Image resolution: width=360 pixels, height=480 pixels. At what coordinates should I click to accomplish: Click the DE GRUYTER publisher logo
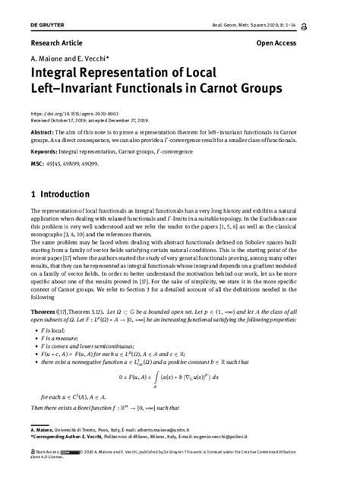click(x=46, y=26)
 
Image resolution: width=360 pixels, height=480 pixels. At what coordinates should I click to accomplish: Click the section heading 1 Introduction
click(x=60, y=194)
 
